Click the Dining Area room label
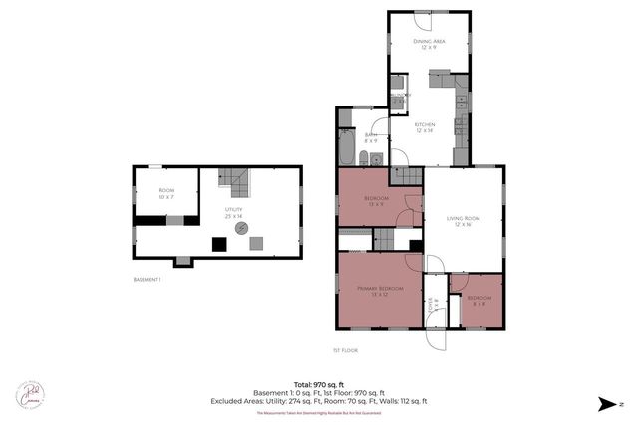coord(429,43)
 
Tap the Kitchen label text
coord(426,126)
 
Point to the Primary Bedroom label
coord(378,291)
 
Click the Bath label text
coord(370,137)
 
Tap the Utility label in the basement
coord(233,211)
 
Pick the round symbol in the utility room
coord(241,228)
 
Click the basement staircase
coord(233,182)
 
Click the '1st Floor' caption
coord(346,350)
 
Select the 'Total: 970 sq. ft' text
coord(318,383)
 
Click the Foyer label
coord(432,304)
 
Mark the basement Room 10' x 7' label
coord(166,193)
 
